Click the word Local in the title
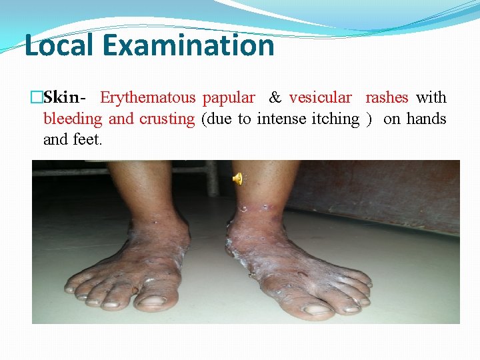point(58,45)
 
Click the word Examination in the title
point(189,45)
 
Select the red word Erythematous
point(147,97)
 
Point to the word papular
point(229,98)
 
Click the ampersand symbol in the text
point(275,97)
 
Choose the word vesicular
point(320,97)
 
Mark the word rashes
point(387,97)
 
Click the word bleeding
point(73,119)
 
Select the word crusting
point(167,119)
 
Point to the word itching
point(335,119)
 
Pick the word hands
point(426,119)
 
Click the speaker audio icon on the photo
point(237,177)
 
